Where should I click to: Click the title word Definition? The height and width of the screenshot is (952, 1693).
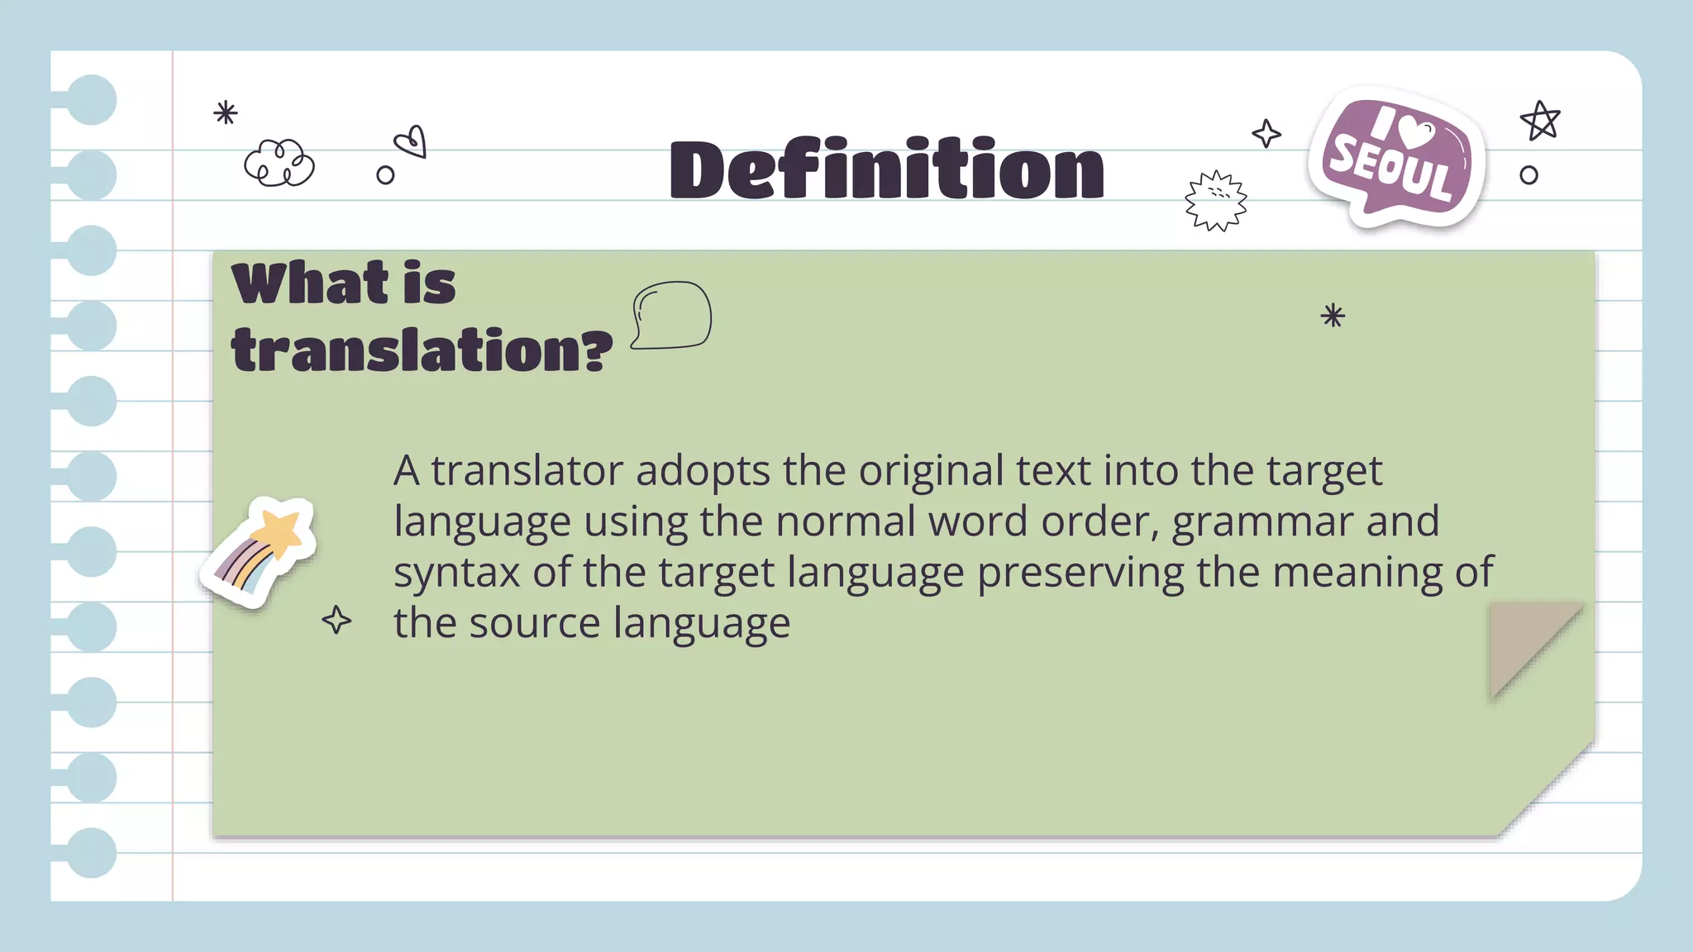click(886, 170)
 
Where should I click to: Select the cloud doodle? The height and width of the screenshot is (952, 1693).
click(279, 163)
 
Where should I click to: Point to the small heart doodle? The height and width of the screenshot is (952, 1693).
click(412, 142)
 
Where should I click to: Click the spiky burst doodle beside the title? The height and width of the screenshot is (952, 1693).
click(1215, 201)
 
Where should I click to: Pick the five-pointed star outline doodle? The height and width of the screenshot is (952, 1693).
click(1539, 121)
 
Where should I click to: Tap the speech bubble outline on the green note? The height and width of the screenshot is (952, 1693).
click(672, 315)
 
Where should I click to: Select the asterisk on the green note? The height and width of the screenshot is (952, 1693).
click(1333, 315)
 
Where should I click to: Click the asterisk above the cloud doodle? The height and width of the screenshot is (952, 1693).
click(225, 112)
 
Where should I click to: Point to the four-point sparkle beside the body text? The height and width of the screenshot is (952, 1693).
click(336, 620)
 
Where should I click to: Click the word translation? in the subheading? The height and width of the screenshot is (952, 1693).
click(422, 350)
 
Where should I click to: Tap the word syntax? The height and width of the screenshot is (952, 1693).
click(456, 574)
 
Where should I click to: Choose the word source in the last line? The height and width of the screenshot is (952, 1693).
click(534, 623)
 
